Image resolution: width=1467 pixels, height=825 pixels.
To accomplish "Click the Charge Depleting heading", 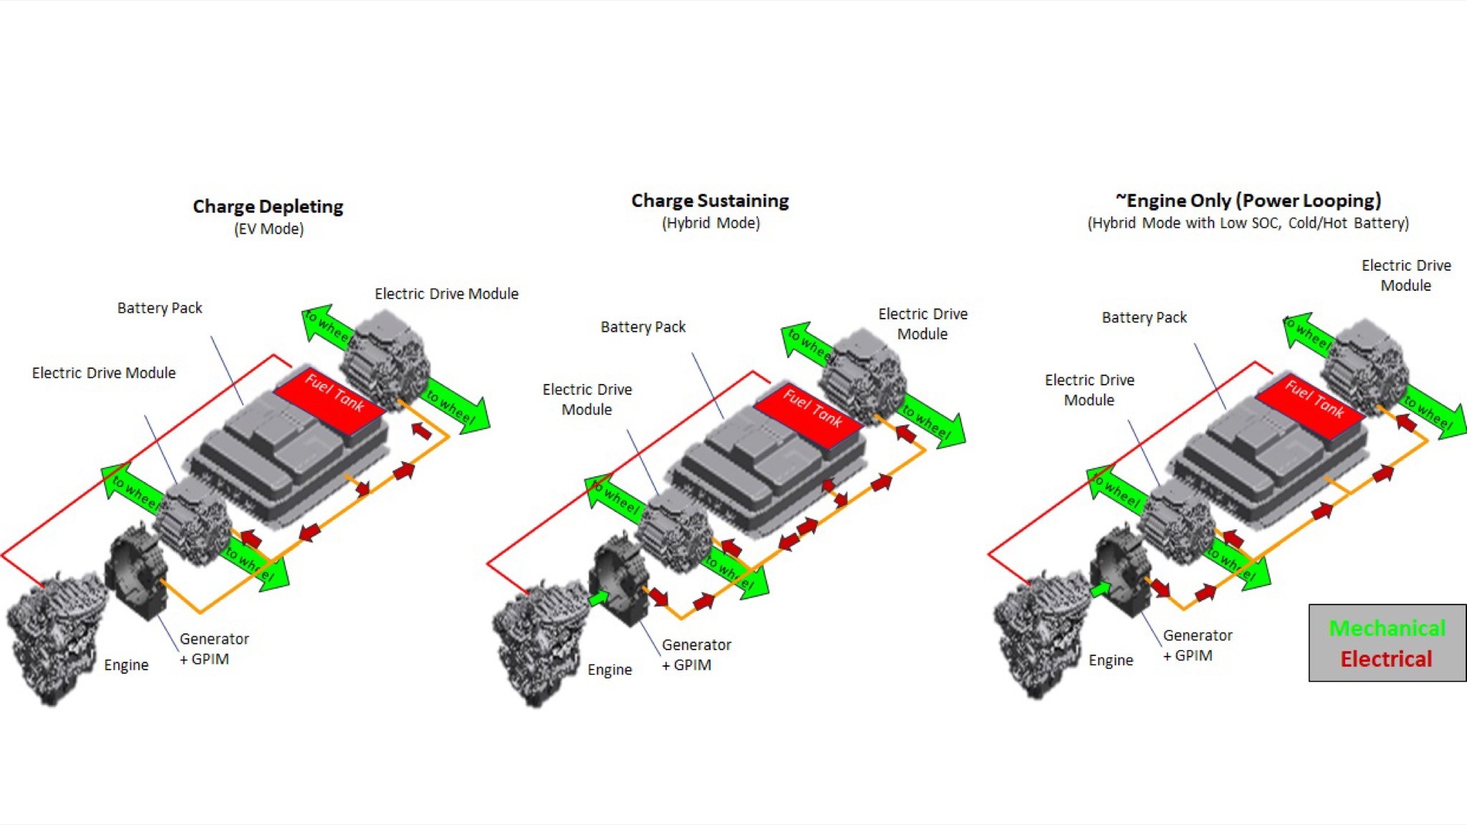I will coord(268,206).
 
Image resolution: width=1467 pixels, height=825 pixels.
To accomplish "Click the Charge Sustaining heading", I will coord(710,201).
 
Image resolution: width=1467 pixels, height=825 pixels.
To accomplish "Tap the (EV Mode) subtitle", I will coord(269,229).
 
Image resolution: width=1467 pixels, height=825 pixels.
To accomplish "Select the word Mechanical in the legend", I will coord(1387,628).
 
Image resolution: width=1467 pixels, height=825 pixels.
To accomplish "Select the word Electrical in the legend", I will coord(1386,659).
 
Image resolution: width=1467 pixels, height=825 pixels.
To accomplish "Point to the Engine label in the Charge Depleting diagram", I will coord(126,665).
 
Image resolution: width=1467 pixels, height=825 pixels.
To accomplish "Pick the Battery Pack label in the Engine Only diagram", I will coord(1144,317).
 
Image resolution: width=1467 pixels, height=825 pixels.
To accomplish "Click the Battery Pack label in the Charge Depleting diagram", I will coord(160,308).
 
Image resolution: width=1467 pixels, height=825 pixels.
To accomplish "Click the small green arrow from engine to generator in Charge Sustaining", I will coord(598,597).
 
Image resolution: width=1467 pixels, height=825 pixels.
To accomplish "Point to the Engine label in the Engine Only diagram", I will coord(1110,660).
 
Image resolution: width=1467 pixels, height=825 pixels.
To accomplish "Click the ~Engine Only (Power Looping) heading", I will coord(1248,201).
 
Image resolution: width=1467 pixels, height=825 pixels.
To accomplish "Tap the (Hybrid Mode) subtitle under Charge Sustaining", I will coord(711,223).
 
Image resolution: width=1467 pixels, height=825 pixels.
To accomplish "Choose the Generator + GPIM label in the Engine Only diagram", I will coord(1196,645).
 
